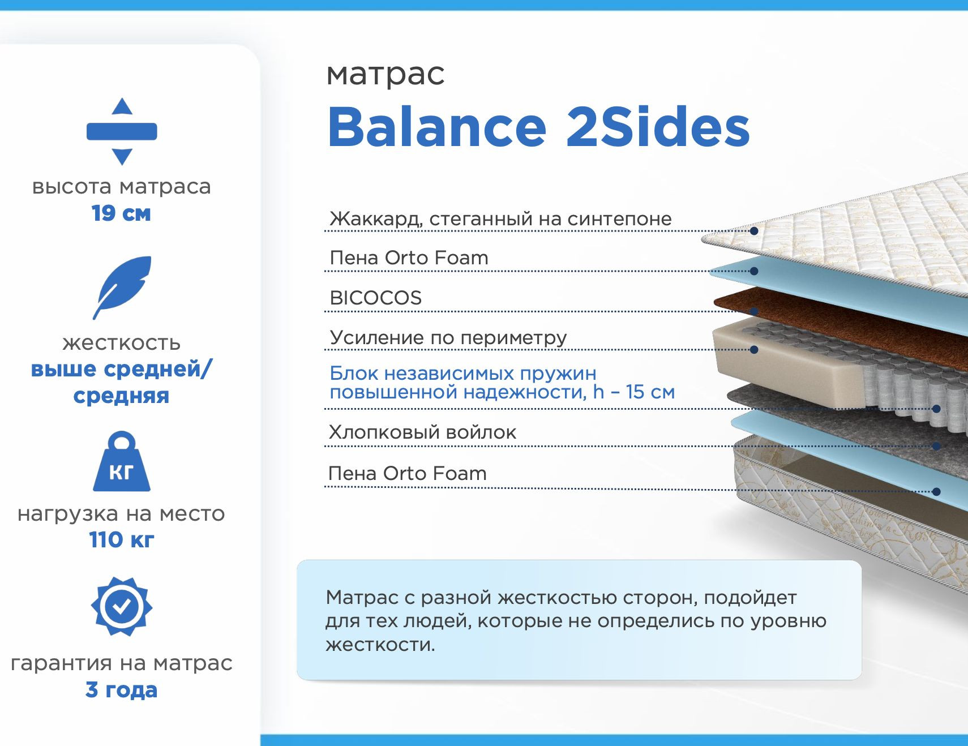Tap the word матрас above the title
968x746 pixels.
click(x=386, y=74)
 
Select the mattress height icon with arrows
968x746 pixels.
click(x=122, y=131)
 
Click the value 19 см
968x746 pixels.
click(x=121, y=213)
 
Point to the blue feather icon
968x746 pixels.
click(x=122, y=288)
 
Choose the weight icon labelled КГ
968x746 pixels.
click(x=122, y=461)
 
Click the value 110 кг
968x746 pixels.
click(x=121, y=539)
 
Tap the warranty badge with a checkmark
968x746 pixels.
click(x=122, y=607)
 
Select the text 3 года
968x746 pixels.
click(x=121, y=690)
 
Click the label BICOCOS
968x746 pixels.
click(x=376, y=298)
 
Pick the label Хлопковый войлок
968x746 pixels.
click(x=422, y=432)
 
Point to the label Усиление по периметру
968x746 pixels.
click(x=448, y=338)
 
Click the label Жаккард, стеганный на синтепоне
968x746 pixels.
click(x=501, y=218)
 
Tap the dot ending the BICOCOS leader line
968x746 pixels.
click(x=754, y=311)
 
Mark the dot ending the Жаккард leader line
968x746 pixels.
click(x=754, y=231)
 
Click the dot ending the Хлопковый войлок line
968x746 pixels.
click(x=936, y=446)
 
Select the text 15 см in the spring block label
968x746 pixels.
click(x=650, y=392)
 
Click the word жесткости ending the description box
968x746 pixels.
click(x=380, y=645)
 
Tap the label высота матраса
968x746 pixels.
click(x=121, y=187)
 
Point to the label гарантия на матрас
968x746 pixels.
click(x=121, y=663)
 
